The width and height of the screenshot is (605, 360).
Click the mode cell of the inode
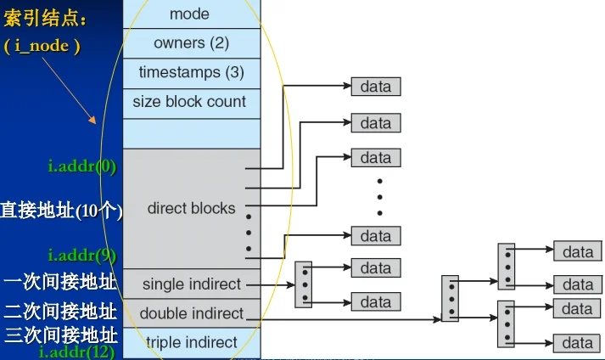coord(189,14)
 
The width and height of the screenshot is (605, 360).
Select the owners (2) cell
coord(191,42)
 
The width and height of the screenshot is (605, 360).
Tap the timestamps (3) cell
coord(191,72)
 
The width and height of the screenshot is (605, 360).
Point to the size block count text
coord(189,102)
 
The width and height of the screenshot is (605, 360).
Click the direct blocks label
coord(191,208)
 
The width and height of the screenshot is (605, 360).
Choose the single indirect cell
coord(192,284)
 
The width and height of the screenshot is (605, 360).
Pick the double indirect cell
coord(192,313)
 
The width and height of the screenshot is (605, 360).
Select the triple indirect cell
coord(192,342)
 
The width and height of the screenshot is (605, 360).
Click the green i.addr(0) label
coord(81,165)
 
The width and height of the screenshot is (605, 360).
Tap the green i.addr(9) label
coord(81,255)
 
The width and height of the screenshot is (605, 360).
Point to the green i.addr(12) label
coord(78,351)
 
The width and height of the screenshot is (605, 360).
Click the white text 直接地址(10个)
coord(61,211)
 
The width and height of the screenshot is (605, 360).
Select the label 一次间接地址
coord(59,281)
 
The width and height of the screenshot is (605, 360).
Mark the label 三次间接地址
coord(59,334)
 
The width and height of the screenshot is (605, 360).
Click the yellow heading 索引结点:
coord(45,18)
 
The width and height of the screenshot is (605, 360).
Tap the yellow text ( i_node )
coord(42,46)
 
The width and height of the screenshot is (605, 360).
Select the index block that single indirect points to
coord(303,284)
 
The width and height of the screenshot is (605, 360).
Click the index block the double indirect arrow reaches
coord(450,298)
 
